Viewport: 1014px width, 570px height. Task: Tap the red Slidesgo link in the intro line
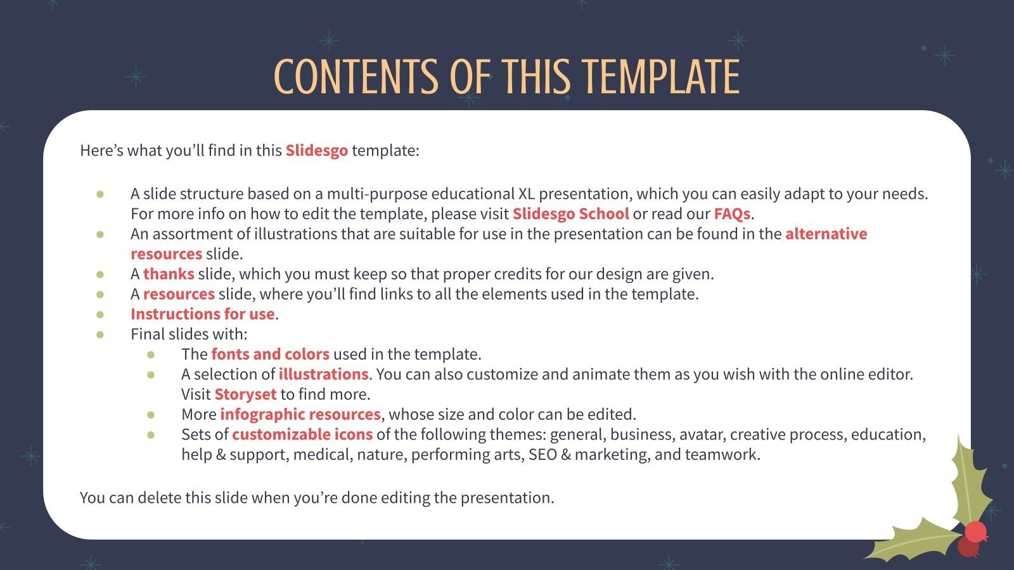pos(316,151)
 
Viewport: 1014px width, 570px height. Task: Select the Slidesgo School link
pos(570,214)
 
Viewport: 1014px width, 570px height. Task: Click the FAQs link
pos(732,214)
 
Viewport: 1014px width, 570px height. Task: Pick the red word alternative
pos(826,234)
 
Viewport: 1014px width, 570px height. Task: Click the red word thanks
pos(169,274)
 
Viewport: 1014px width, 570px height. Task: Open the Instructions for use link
pos(202,314)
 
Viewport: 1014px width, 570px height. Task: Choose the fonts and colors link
pos(270,354)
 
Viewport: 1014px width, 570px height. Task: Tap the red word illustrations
pos(323,374)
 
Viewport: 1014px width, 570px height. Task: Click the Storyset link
pos(245,395)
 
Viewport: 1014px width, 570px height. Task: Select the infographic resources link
pos(300,415)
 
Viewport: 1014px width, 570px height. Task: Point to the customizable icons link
pos(302,434)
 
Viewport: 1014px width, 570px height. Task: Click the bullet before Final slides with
pos(100,334)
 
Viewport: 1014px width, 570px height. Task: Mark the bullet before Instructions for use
pos(100,314)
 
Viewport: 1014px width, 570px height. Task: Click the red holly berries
pos(973,537)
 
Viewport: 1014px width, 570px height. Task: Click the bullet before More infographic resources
pos(151,415)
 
